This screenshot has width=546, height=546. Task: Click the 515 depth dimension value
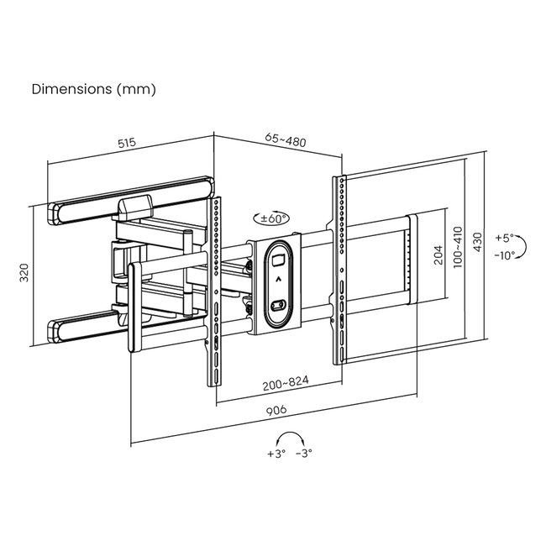(127, 143)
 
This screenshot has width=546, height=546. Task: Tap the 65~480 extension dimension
(286, 140)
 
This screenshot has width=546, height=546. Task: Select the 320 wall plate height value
(24, 274)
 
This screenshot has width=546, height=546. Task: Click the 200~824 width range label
(286, 381)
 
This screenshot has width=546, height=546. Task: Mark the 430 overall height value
(478, 243)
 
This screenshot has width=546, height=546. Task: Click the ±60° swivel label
(274, 218)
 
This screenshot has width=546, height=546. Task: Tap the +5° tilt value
(503, 238)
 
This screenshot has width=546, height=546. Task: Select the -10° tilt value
(505, 255)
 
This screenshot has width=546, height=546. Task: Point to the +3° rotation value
(277, 453)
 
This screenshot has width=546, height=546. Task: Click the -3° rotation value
(304, 453)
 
